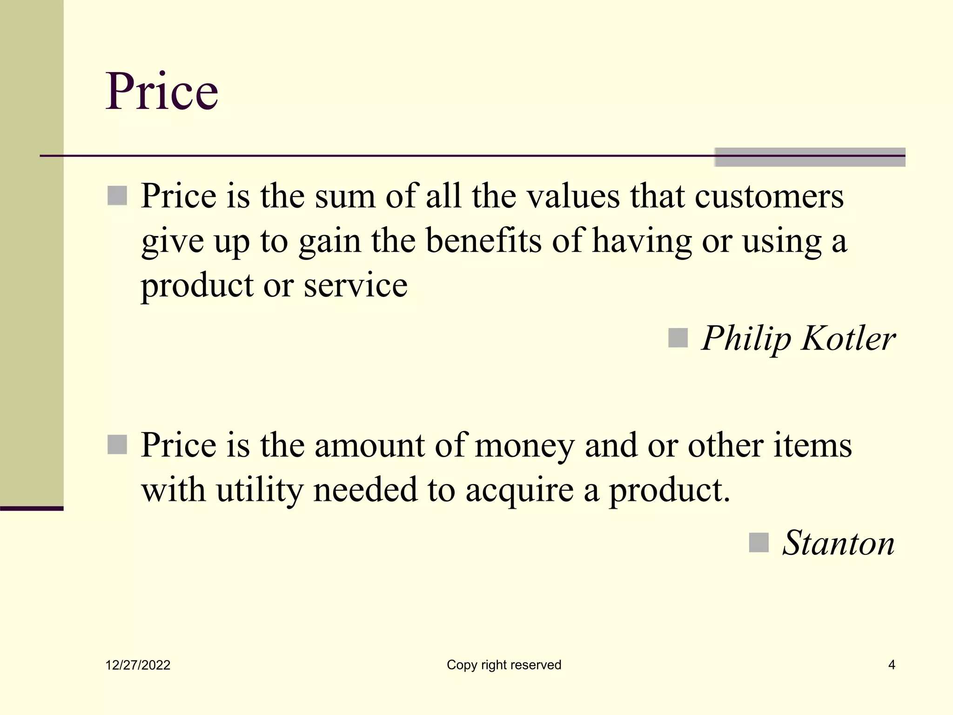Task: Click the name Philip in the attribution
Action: click(x=746, y=338)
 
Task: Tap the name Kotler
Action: click(x=848, y=338)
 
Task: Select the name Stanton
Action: click(x=838, y=543)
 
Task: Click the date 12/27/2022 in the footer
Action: click(x=138, y=665)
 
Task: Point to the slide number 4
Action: click(x=892, y=665)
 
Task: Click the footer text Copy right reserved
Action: click(x=504, y=665)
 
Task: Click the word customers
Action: click(x=769, y=196)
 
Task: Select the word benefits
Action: click(x=483, y=241)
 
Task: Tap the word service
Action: click(x=356, y=285)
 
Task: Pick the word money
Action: click(x=524, y=446)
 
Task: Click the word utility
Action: click(x=260, y=491)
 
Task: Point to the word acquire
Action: click(x=519, y=492)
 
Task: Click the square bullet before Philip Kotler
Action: click(x=678, y=338)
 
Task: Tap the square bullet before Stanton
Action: click(x=758, y=542)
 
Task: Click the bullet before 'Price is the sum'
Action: click(x=117, y=196)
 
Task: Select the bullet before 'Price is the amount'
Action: click(x=117, y=445)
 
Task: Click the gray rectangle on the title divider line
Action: click(x=810, y=157)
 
